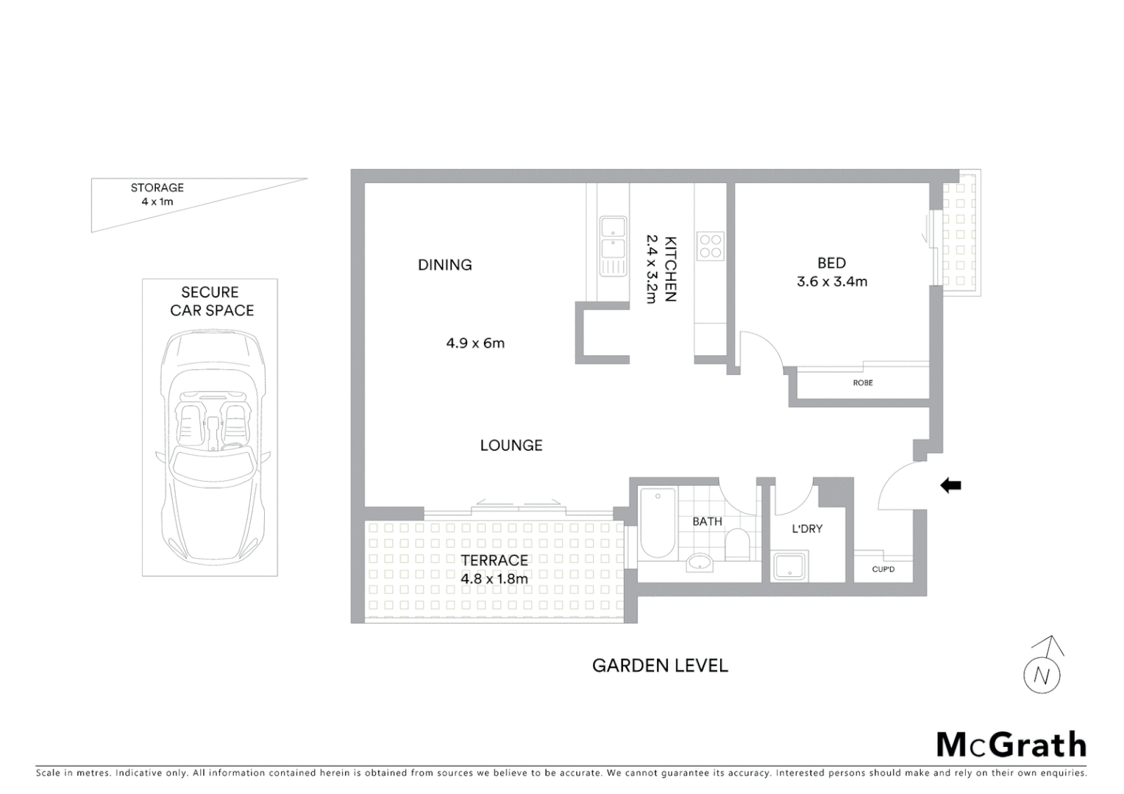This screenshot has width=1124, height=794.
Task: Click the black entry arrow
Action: pos(951,484)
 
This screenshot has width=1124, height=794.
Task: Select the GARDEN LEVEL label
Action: pos(660,665)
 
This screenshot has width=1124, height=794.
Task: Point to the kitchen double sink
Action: pos(613,246)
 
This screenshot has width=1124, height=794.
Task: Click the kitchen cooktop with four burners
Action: pos(711,246)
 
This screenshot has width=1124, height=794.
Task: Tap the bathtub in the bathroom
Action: pos(657,523)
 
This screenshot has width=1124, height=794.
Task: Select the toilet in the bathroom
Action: pos(736,546)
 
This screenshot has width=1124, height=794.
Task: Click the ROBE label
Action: pos(863,383)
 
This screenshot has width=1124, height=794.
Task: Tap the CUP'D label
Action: pos(883,569)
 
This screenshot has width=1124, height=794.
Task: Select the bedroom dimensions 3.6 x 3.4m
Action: pos(832,282)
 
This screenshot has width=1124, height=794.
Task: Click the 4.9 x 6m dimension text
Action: pos(475,343)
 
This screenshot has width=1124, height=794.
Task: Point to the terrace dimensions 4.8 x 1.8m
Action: pos(494,579)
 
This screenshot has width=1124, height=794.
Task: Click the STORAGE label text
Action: pos(157,187)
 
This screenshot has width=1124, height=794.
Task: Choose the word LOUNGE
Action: pos(511,445)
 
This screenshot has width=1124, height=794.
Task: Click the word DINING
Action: pos(445,265)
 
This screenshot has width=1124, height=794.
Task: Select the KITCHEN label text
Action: pos(670,268)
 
